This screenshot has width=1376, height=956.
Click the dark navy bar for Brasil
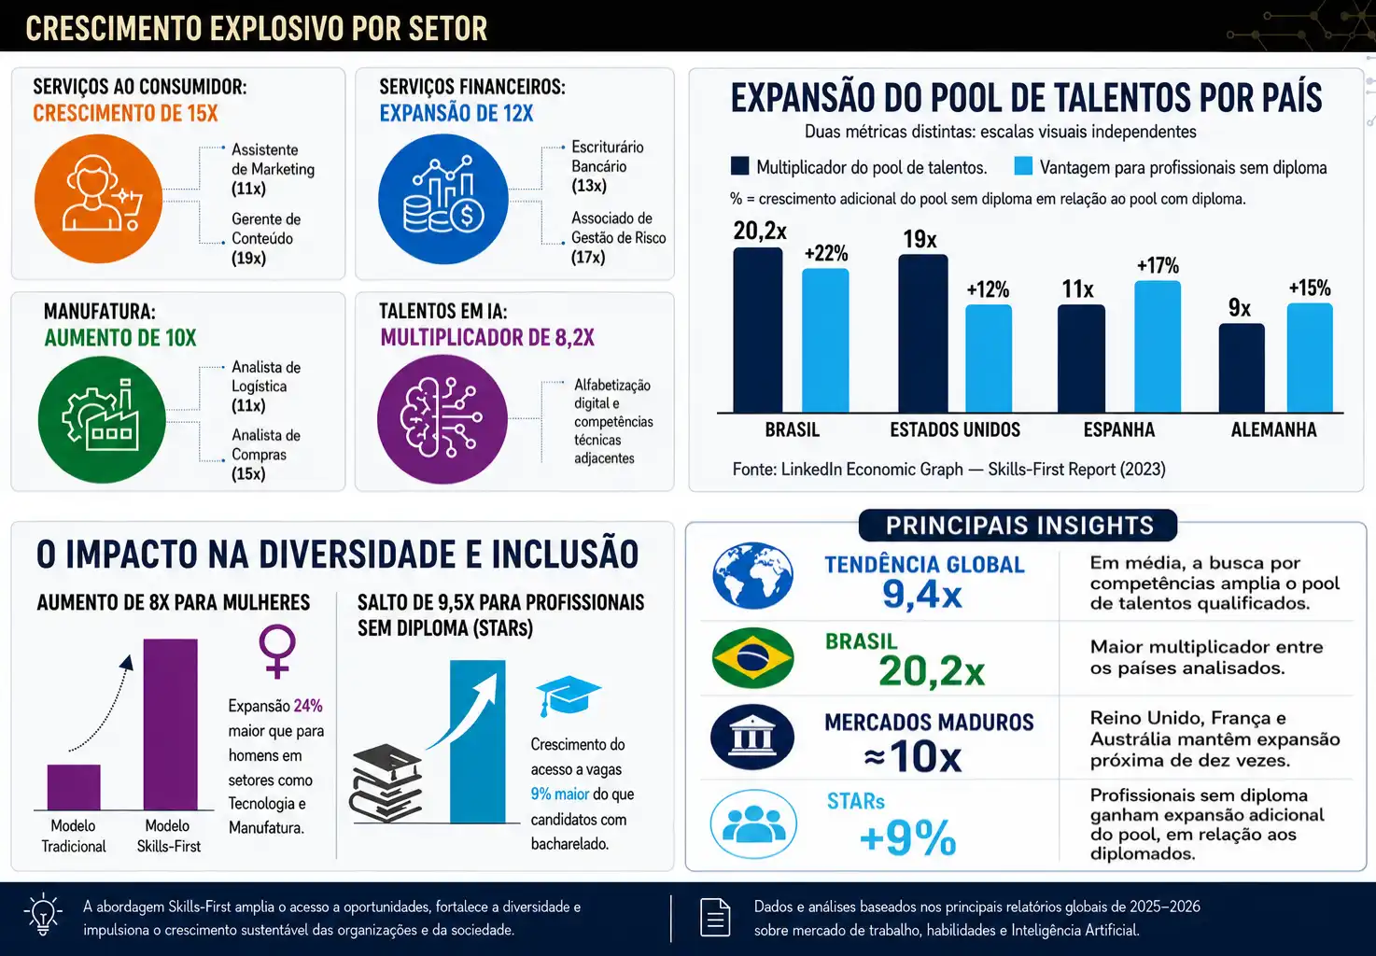(757, 330)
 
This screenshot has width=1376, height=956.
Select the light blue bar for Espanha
(1158, 346)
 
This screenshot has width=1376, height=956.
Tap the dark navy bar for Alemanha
(1242, 368)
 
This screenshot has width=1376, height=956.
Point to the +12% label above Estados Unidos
(988, 289)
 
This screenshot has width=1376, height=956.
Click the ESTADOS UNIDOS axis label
(955, 429)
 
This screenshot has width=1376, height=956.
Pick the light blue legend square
(1023, 166)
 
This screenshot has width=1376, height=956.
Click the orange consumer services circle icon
(98, 199)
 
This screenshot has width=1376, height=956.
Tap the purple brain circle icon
(442, 419)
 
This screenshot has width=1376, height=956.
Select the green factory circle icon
(102, 419)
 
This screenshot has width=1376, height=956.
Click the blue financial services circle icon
(442, 199)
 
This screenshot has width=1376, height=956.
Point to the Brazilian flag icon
(752, 658)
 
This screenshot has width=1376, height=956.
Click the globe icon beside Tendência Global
(752, 576)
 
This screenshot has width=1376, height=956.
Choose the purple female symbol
(277, 652)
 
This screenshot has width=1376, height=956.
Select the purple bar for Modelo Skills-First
(170, 724)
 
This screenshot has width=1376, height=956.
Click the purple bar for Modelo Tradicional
(74, 787)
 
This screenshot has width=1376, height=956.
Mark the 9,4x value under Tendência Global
(922, 594)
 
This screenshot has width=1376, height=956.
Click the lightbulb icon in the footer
(43, 914)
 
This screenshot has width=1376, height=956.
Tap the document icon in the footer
(716, 918)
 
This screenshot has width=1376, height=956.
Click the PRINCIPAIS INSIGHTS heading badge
(1018, 526)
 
